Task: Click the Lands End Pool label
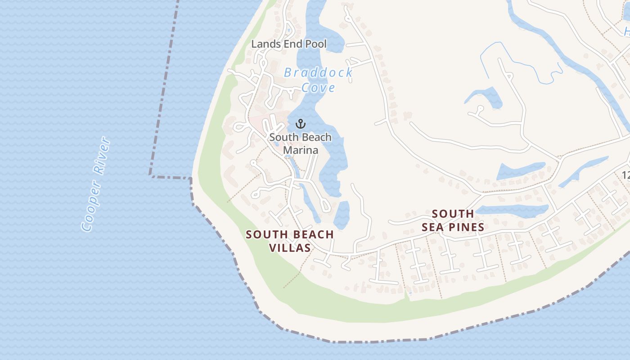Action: pos(289,44)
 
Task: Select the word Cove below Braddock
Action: pos(318,87)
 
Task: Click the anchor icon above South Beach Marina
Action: pos(301,124)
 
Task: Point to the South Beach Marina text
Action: pos(301,144)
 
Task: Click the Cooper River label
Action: pos(96,184)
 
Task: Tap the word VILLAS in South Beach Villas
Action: pos(290,247)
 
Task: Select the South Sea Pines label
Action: pos(453,220)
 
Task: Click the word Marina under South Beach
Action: pos(301,150)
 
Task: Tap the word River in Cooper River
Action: pos(101,156)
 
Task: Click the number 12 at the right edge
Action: pos(625,175)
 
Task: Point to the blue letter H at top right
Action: pos(626,31)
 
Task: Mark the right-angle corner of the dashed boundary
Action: pos(150,175)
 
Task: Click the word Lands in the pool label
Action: pos(263,44)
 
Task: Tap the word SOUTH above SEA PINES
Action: pos(453,214)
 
